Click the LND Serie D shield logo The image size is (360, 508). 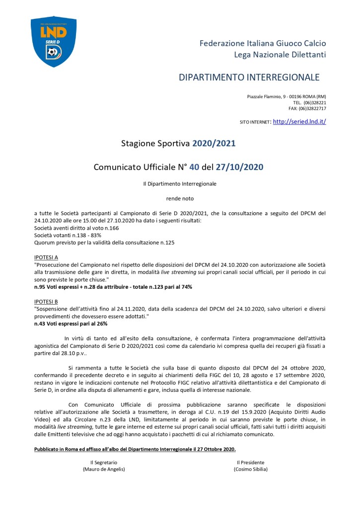pos(54,41)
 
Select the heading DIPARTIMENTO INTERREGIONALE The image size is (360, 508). pos(249,77)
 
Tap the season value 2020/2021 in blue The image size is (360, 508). pos(214,144)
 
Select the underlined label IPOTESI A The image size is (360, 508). pos(46,257)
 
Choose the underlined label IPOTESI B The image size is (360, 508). pos(46,301)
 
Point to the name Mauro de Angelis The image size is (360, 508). pos(104,469)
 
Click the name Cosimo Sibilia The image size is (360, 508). pos(250,469)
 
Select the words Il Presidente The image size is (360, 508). pos(250,462)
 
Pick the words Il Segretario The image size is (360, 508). pos(104,462)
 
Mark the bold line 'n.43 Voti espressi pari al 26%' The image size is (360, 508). pos(71,323)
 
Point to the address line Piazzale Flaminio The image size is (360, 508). pos(287,96)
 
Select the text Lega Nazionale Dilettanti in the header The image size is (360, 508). pos(280,55)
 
